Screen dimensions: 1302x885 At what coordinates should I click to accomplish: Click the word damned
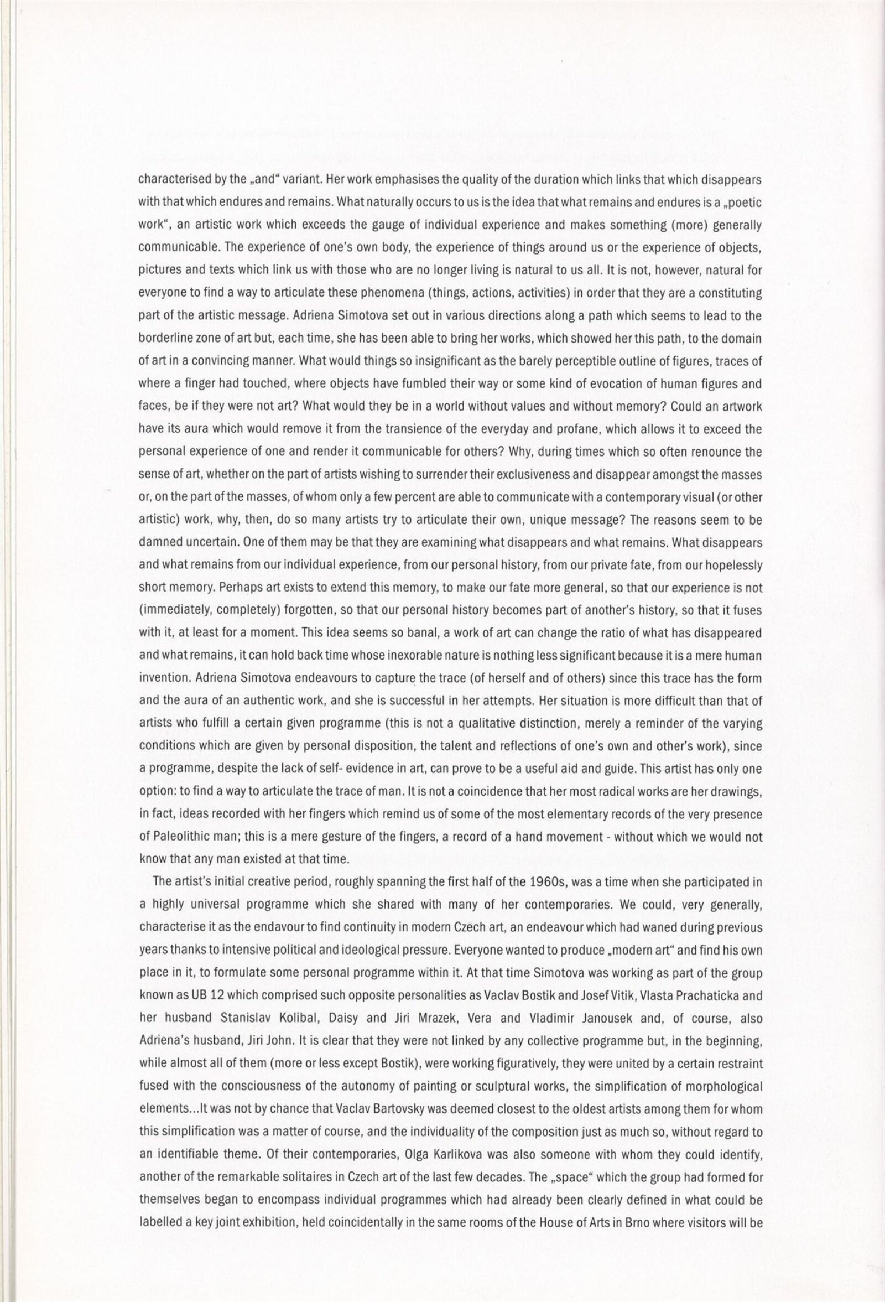pyautogui.click(x=157, y=543)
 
